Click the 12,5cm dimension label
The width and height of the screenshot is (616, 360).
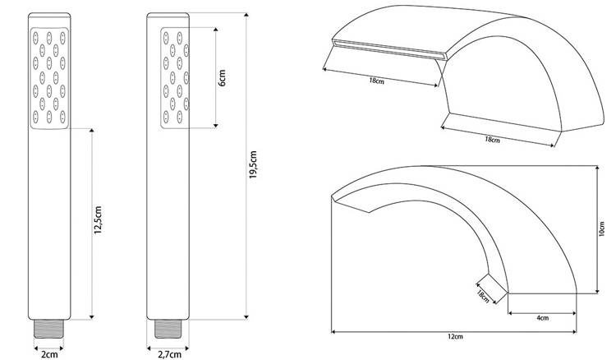point(98,220)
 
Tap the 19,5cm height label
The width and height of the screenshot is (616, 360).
point(253,164)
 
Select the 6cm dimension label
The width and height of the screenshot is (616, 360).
point(223,78)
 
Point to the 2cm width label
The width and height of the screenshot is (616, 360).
point(49,354)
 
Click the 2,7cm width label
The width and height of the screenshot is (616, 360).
point(169,354)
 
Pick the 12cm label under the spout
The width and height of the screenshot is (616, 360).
point(455,336)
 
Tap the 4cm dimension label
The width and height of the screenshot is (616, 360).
point(542,317)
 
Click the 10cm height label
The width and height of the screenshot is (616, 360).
point(602,228)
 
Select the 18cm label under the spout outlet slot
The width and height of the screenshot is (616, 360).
point(376,81)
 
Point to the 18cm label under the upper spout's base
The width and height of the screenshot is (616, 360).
point(492,139)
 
